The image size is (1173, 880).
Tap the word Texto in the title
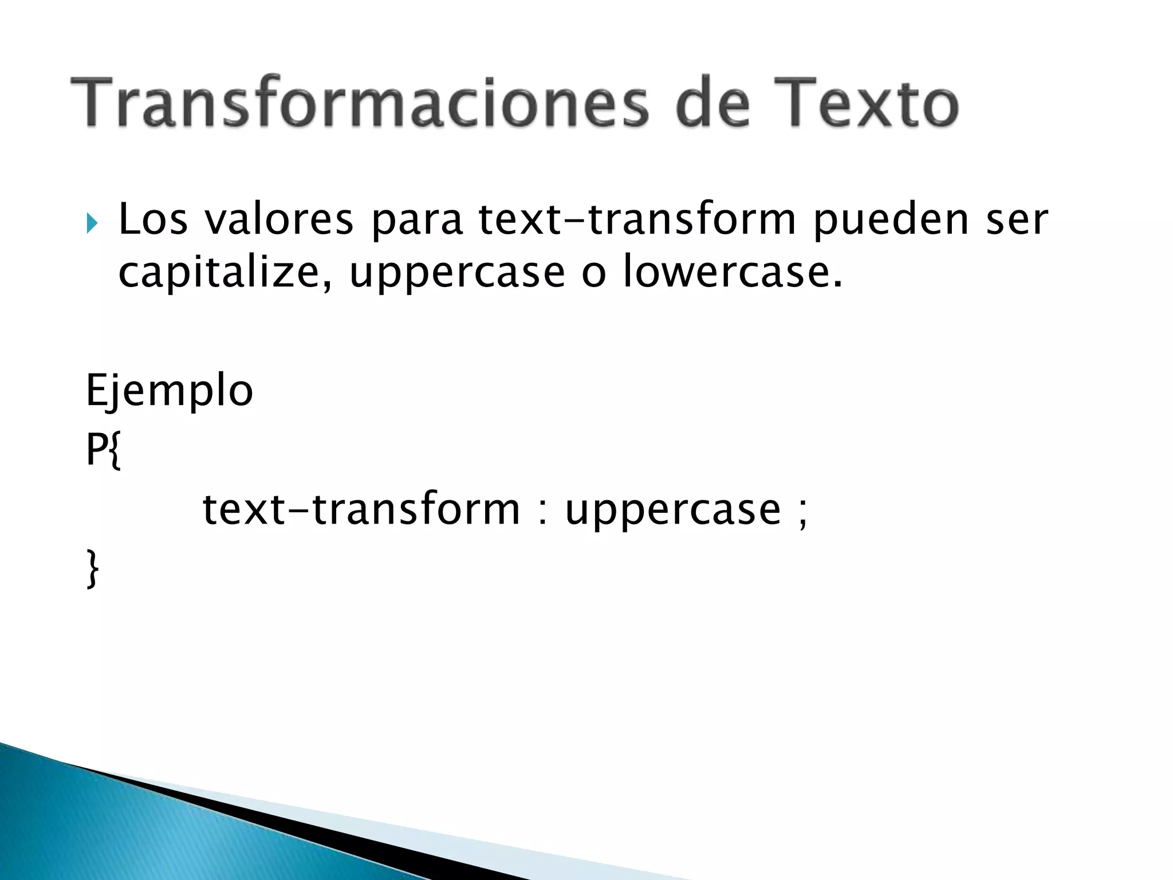pyautogui.click(x=859, y=103)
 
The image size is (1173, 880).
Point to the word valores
pyautogui.click(x=279, y=221)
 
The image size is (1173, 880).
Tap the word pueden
pyautogui.click(x=891, y=221)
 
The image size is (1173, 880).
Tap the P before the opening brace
pyautogui.click(x=96, y=450)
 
